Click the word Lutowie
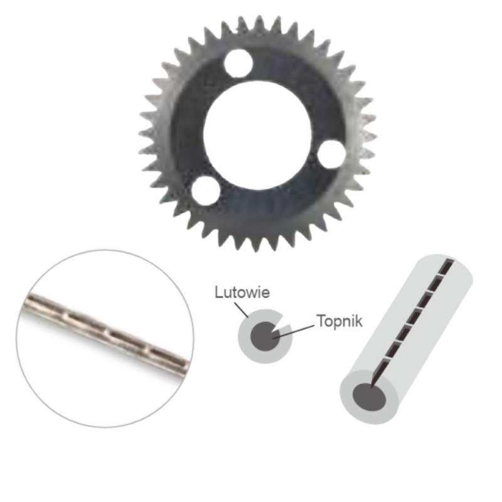click(242, 292)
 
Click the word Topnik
click(339, 321)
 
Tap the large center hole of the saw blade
click(258, 135)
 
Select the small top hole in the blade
click(238, 63)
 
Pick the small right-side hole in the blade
click(331, 154)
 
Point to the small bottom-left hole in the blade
click(206, 191)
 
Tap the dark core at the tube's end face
click(369, 397)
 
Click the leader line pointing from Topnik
click(293, 331)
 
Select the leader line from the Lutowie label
click(241, 309)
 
